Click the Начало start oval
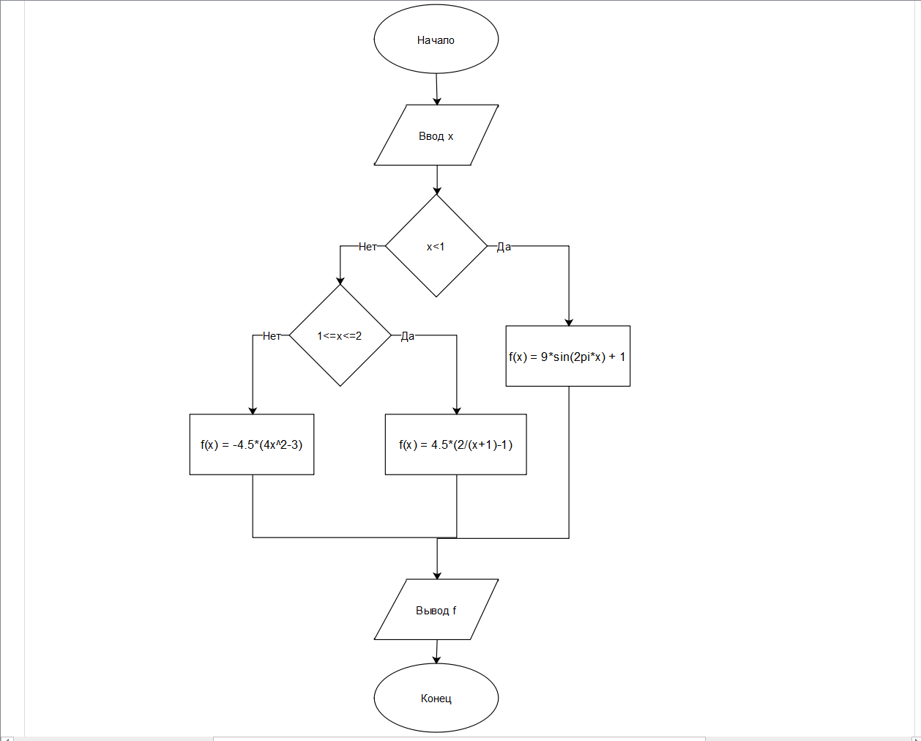[x=436, y=40]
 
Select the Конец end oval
[x=436, y=698]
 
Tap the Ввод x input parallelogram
[x=436, y=135]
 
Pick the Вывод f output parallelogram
[x=436, y=610]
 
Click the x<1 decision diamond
[x=436, y=246]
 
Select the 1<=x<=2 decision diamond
[x=340, y=335]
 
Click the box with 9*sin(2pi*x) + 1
[x=568, y=357]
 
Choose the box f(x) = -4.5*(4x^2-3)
[x=252, y=444]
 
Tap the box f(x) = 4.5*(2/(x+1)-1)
[x=456, y=444]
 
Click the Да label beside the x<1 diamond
[x=504, y=247]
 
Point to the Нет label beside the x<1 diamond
[x=368, y=247]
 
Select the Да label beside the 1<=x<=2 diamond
[x=408, y=336]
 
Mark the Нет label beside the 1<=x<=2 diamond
[x=272, y=336]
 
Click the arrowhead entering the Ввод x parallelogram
[x=437, y=100]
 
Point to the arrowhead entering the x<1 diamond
[x=437, y=190]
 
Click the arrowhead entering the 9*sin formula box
[x=569, y=321]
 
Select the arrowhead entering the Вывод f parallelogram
[x=437, y=575]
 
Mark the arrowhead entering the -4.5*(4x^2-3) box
[x=253, y=410]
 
